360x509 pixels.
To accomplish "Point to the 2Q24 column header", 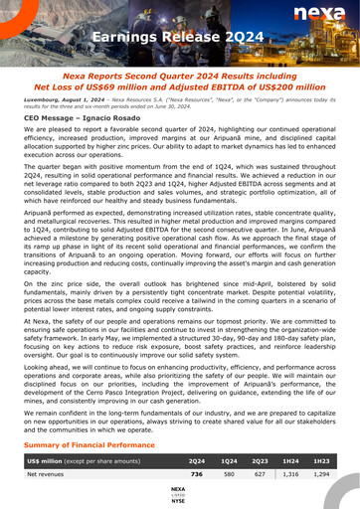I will (197, 462).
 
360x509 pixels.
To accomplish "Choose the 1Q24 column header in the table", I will (230, 462).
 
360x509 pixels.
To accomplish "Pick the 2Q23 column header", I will (261, 462).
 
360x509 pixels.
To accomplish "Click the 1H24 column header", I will (292, 462).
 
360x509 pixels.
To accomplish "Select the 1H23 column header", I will (323, 462).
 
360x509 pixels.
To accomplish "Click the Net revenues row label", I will (50, 475).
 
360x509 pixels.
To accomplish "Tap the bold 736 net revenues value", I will (197, 475).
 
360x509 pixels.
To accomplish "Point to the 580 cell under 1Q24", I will (230, 475).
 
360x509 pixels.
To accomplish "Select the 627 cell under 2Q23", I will (261, 475).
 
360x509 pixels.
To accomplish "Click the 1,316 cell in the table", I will (291, 475).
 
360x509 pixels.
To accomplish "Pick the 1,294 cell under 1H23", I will (322, 475).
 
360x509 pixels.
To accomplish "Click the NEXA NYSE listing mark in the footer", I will (178, 494).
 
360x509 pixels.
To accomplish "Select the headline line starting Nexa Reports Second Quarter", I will (180, 75).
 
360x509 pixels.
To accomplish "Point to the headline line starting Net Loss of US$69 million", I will (180, 85).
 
